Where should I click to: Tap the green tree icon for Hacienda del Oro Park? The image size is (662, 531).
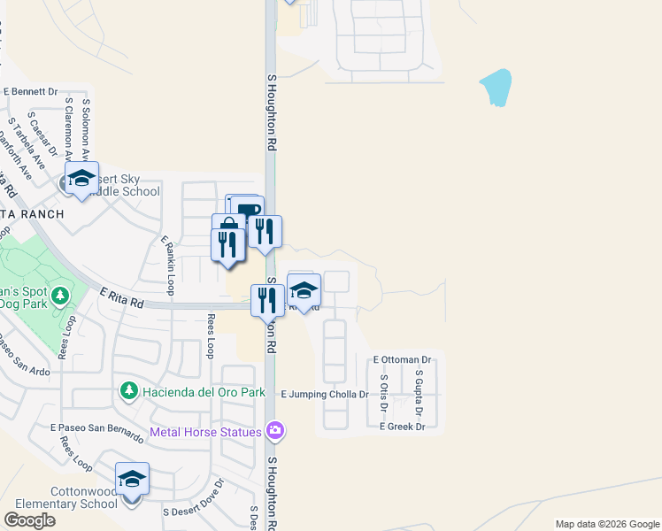coord(128,390)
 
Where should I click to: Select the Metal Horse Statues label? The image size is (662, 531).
coord(205,432)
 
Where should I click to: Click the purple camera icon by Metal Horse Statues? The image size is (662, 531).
coord(275,431)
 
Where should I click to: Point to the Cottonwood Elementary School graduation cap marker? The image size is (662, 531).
coord(132,480)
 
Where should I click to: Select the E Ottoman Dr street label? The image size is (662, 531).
coord(402,360)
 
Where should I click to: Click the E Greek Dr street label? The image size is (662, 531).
coord(403,427)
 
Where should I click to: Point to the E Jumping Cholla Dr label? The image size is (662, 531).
coord(324,394)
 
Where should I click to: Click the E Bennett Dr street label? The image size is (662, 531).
coord(30,91)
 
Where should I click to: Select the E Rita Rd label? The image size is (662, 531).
coord(121,296)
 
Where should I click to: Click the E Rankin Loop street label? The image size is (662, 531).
coord(167,265)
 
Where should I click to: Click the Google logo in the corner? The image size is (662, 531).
coord(30,519)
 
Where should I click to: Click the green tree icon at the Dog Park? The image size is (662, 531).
coord(60,294)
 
